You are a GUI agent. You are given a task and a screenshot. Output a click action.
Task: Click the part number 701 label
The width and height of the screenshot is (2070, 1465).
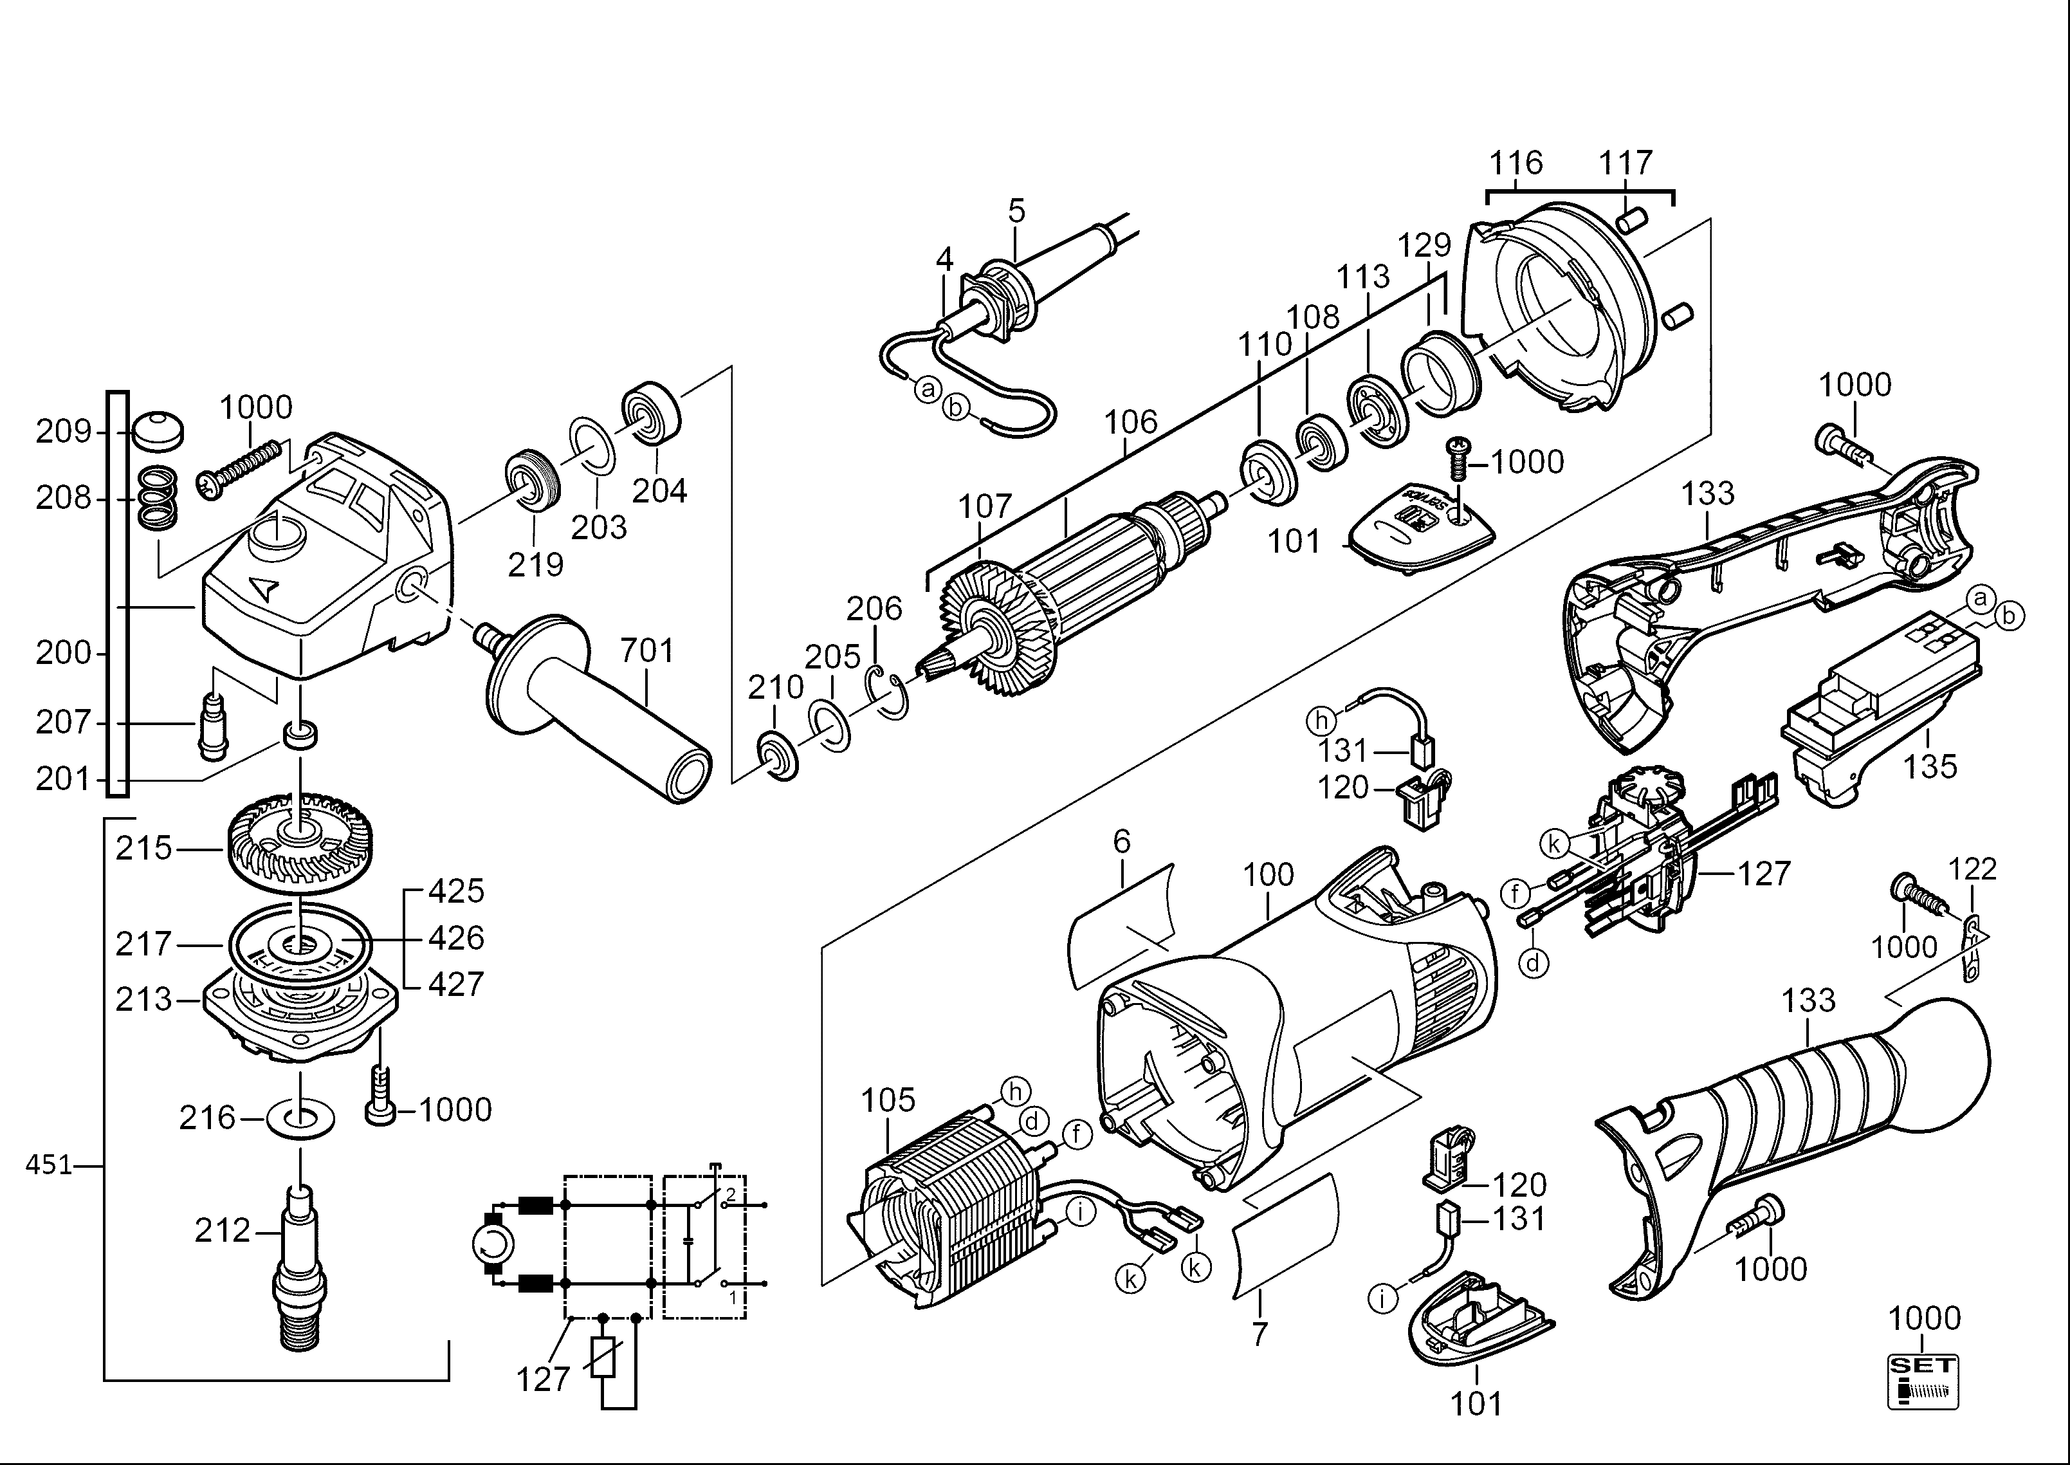[646, 650]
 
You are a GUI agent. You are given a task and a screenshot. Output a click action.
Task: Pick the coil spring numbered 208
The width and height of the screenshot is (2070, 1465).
[160, 499]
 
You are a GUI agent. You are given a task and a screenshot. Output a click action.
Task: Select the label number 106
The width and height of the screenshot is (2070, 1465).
[1130, 421]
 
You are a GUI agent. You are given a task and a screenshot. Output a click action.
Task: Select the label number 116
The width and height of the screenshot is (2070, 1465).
[1516, 163]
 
